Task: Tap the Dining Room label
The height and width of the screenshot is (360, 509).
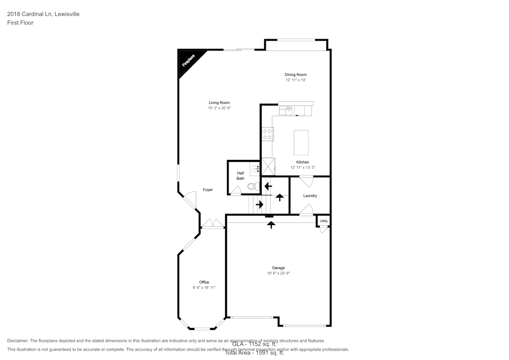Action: click(x=295, y=75)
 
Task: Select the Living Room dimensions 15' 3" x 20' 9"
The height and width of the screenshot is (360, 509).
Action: click(x=219, y=108)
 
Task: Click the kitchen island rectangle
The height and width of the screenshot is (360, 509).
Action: click(x=301, y=143)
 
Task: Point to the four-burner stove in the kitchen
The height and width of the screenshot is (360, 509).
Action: click(x=267, y=134)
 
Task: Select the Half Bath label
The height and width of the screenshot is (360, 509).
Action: click(x=240, y=176)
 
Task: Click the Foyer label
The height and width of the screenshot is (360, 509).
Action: click(x=208, y=190)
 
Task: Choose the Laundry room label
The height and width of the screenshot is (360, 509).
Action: click(x=310, y=196)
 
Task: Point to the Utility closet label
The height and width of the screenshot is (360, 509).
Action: click(x=324, y=221)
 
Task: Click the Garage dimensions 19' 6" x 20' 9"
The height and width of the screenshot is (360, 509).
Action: click(x=278, y=273)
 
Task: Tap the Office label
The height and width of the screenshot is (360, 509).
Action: click(x=204, y=283)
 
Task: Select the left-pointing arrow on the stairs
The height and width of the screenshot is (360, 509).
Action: click(x=268, y=186)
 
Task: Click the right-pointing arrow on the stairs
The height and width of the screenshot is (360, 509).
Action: click(x=260, y=205)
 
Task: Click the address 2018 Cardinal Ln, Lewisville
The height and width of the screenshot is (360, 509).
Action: click(x=43, y=14)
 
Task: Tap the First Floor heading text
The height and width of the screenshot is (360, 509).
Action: click(x=20, y=23)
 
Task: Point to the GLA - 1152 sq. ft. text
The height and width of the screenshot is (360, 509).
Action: click(x=254, y=344)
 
